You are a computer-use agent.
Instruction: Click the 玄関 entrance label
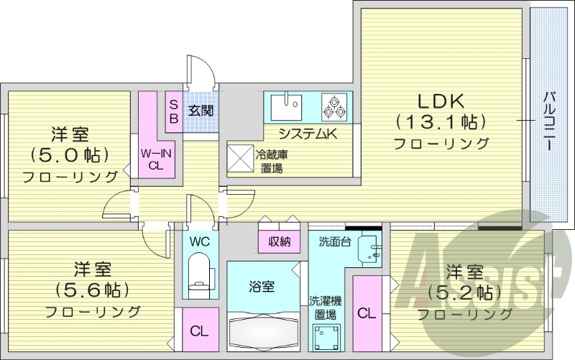pyautogui.click(x=201, y=111)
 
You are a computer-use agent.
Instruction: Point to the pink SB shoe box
pyautogui.click(x=174, y=111)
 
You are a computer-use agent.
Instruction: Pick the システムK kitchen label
pyautogui.click(x=308, y=134)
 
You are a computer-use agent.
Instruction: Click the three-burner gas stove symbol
pyautogui.click(x=334, y=107)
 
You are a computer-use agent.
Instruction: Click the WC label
pyautogui.click(x=199, y=241)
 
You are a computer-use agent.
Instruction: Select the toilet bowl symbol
pyautogui.click(x=198, y=277)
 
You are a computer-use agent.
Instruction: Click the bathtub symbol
pyautogui.click(x=263, y=333)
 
